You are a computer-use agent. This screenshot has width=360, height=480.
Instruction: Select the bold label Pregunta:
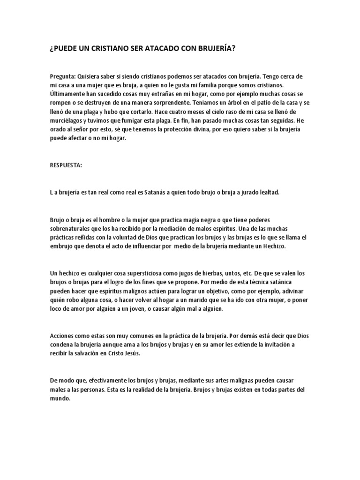(x=62, y=76)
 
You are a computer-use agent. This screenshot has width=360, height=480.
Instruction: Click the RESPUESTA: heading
(x=66, y=165)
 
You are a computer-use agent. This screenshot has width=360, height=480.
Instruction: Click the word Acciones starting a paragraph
(x=63, y=336)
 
